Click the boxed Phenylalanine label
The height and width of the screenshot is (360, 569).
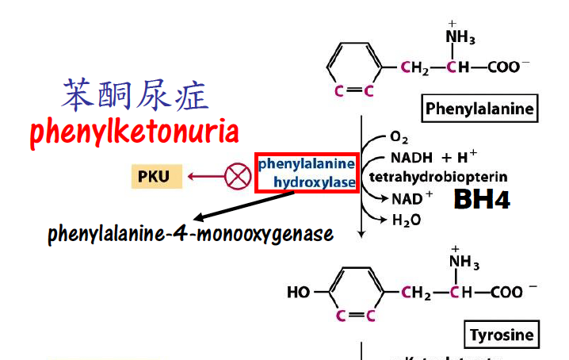[479, 109]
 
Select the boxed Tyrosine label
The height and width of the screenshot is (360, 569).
[502, 335]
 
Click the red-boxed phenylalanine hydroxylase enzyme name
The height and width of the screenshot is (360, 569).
[307, 174]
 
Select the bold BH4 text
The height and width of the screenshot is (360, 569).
[481, 200]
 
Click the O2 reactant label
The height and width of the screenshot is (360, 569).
[399, 137]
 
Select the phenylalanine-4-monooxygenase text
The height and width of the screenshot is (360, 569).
[190, 235]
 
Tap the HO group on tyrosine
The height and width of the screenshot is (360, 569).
[299, 293]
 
